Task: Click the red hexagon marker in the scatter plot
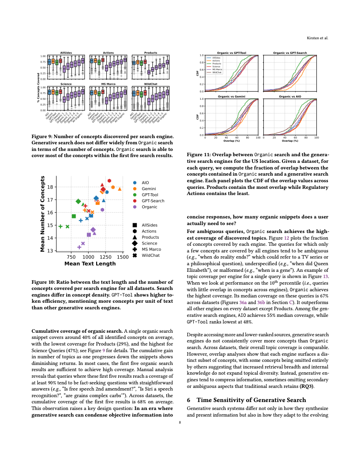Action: coord(109,180)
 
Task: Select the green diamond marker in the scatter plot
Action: coord(78,201)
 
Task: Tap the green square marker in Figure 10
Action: coord(74,216)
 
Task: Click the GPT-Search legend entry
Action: coord(153,201)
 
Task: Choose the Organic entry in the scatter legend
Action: coord(149,207)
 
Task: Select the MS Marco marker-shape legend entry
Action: coord(151,249)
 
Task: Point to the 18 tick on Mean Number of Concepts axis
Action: coord(50,187)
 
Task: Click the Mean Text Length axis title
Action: coord(90,264)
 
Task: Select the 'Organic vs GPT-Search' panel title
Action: coord(290,53)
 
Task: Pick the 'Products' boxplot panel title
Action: coord(150,53)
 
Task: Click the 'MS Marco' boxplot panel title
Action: coord(108,84)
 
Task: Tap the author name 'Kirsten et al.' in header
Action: coord(317,38)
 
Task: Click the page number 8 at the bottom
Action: coord(180,422)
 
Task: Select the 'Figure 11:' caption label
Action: coord(200,155)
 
